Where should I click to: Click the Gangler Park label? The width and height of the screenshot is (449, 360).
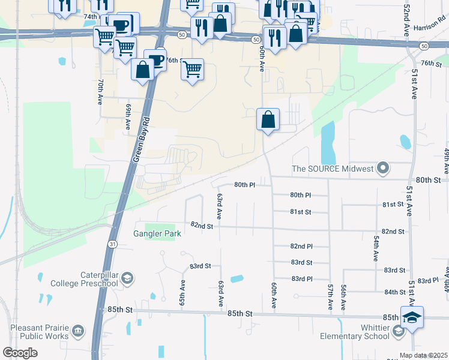(157, 234)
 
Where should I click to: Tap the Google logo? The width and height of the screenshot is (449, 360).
(20, 353)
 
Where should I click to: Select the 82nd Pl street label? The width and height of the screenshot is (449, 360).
(301, 247)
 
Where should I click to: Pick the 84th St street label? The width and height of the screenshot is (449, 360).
(395, 292)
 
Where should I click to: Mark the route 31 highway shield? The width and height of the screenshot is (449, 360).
(112, 244)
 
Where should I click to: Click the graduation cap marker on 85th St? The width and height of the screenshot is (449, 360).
(412, 317)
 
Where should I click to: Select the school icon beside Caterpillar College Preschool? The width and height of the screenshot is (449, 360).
(127, 278)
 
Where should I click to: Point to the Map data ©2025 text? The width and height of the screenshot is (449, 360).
(424, 355)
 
